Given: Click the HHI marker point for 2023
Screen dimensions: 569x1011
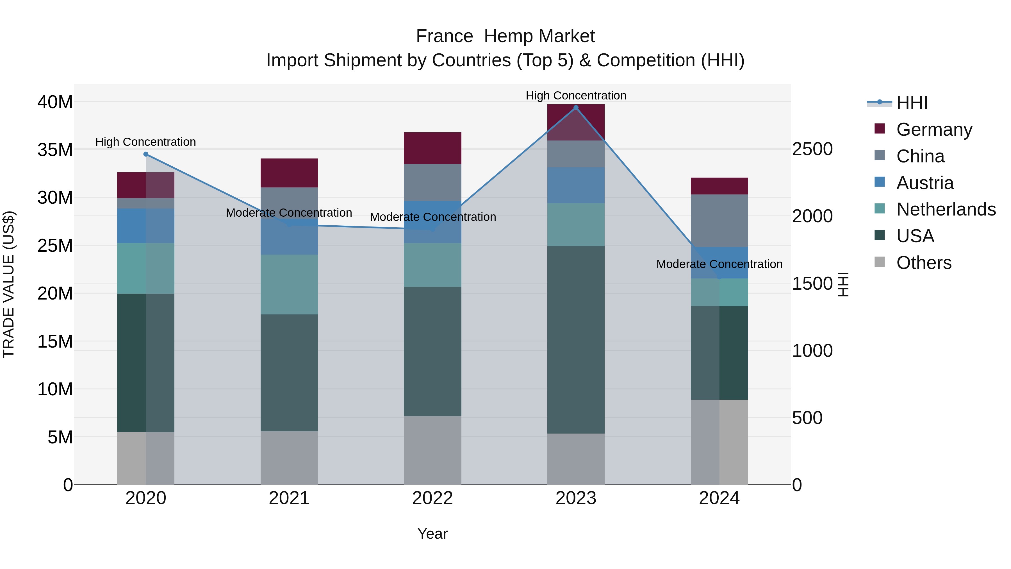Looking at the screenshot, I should pyautogui.click(x=576, y=108).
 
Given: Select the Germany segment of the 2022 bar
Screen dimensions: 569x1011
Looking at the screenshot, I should pyautogui.click(x=432, y=148).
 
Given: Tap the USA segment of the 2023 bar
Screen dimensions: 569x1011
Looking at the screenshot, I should pyautogui.click(x=576, y=340).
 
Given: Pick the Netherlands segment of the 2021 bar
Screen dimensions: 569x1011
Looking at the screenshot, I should pyautogui.click(x=289, y=284).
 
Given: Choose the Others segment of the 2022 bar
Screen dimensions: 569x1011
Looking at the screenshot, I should pyautogui.click(x=432, y=450).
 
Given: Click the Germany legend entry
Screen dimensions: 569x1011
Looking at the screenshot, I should pyautogui.click(x=934, y=130).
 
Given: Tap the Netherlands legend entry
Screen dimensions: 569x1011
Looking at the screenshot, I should pyautogui.click(x=946, y=209).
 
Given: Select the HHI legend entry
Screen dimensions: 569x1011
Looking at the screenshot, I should pyautogui.click(x=912, y=103).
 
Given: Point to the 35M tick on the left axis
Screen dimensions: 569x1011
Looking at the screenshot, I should pyautogui.click(x=55, y=149).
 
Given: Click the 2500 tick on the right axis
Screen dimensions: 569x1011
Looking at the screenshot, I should pyautogui.click(x=812, y=149).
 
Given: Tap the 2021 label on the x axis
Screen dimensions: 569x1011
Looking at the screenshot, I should pyautogui.click(x=289, y=498).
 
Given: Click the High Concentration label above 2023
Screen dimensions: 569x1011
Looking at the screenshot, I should pyautogui.click(x=576, y=96).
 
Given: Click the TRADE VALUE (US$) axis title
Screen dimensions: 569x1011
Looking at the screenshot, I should pyautogui.click(x=9, y=284).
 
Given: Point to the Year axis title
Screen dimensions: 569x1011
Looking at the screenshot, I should pyautogui.click(x=432, y=534).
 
